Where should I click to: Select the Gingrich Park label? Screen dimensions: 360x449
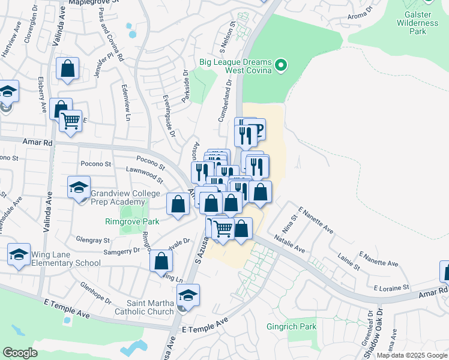point(291,327)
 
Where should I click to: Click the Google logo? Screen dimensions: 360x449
point(20,353)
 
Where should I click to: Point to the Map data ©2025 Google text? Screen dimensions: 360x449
point(411,355)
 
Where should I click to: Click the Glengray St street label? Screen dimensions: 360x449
point(93,239)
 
